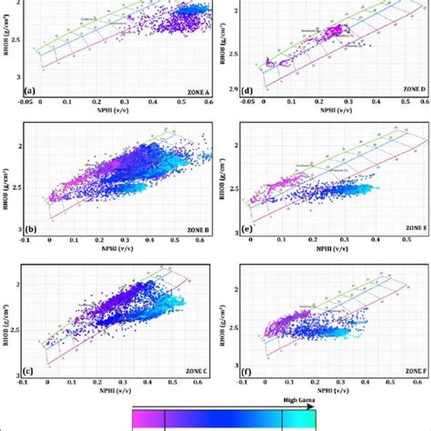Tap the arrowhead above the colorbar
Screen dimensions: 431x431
click(x=314, y=406)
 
